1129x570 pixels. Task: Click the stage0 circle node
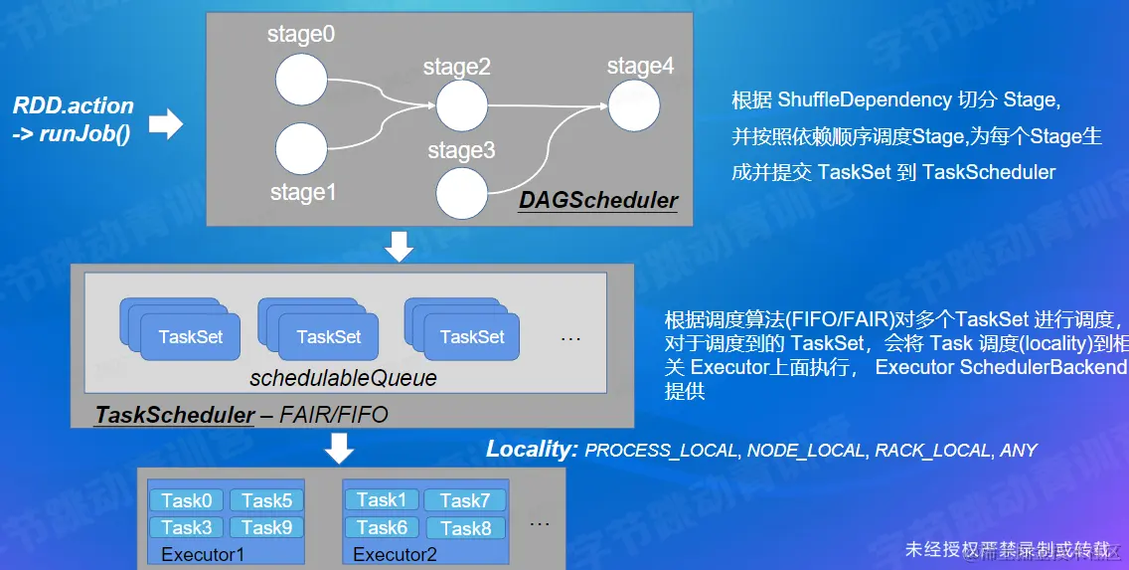click(x=301, y=80)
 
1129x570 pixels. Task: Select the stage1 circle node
click(x=301, y=150)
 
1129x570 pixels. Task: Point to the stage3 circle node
click(x=461, y=192)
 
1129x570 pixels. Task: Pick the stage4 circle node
click(x=634, y=105)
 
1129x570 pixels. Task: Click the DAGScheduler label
click(x=598, y=200)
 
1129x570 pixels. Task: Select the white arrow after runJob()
click(x=166, y=123)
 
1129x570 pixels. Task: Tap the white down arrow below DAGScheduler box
click(x=399, y=245)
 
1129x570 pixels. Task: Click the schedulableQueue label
click(x=343, y=378)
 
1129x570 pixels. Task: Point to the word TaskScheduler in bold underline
click(x=175, y=415)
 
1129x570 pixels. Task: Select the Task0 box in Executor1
click(x=187, y=500)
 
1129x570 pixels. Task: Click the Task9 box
click(x=266, y=527)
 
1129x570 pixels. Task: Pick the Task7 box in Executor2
click(x=464, y=500)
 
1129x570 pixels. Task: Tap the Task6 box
click(x=382, y=527)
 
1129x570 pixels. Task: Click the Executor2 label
click(x=395, y=554)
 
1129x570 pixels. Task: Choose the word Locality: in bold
click(x=532, y=449)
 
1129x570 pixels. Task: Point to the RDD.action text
click(x=74, y=105)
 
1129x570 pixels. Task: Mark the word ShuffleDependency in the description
click(x=864, y=99)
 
